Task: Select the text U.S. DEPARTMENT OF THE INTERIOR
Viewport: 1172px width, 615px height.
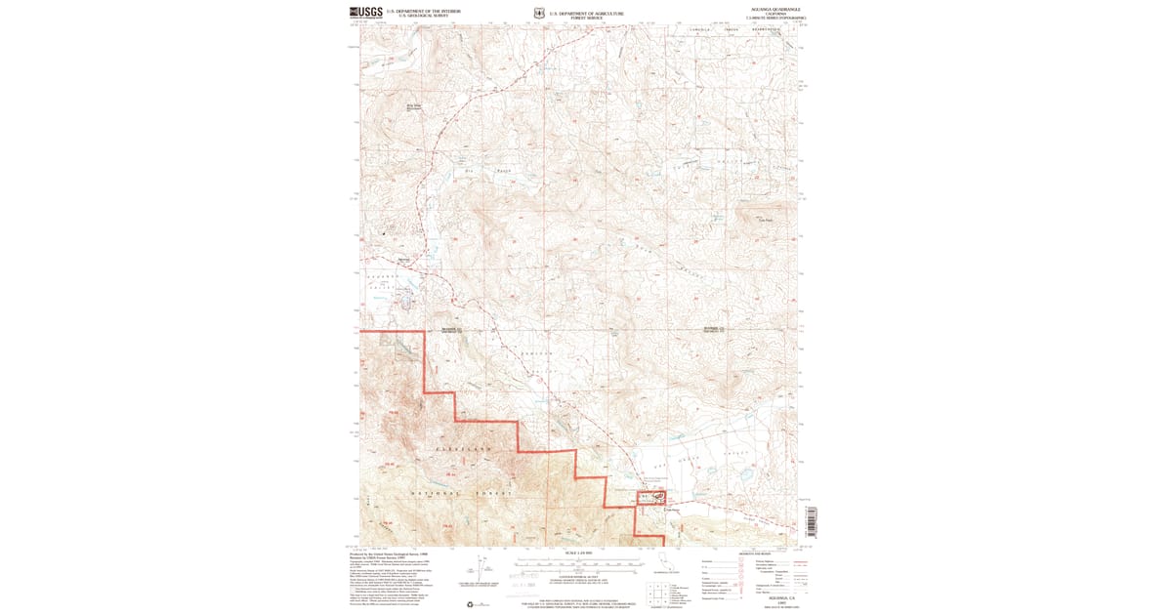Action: (x=424, y=11)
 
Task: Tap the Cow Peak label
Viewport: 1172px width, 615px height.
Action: (x=767, y=220)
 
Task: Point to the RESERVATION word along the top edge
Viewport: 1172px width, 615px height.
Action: (x=767, y=30)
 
